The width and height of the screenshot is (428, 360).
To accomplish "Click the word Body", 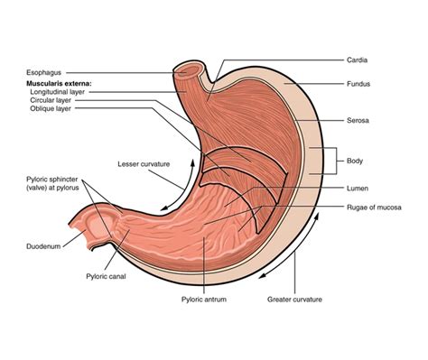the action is pyautogui.click(x=356, y=161).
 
